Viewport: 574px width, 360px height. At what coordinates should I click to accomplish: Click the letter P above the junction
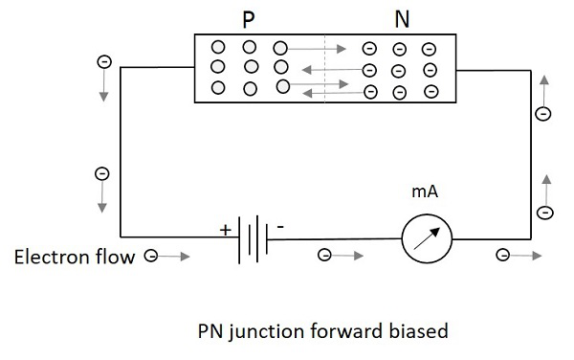pos(248,20)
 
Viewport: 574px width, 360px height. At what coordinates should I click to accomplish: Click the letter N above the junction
pos(402,19)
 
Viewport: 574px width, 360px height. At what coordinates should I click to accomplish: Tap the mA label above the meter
pos(425,191)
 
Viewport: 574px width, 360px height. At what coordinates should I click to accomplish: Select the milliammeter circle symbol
pos(427,238)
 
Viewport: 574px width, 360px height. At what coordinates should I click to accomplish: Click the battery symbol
pos(253,239)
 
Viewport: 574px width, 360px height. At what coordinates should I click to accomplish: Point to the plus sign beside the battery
pos(226,230)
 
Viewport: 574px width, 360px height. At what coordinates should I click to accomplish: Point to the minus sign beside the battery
pos(280,228)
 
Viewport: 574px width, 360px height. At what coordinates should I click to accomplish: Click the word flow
pos(116,257)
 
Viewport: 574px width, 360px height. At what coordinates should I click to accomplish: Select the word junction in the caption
pos(268,331)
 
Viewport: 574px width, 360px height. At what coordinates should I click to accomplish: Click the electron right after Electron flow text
pos(151,256)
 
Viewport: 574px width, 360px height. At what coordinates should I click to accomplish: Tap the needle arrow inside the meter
pos(427,238)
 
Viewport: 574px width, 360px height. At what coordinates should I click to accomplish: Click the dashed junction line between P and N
pos(324,69)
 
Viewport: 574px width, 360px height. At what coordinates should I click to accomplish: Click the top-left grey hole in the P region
pos(218,47)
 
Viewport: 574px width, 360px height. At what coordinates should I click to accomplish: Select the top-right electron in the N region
pos(429,49)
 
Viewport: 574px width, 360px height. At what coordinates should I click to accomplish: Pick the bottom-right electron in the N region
pos(431,92)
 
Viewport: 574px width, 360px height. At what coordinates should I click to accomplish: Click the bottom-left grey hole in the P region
pos(218,88)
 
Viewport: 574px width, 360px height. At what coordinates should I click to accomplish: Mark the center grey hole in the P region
pos(252,67)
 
